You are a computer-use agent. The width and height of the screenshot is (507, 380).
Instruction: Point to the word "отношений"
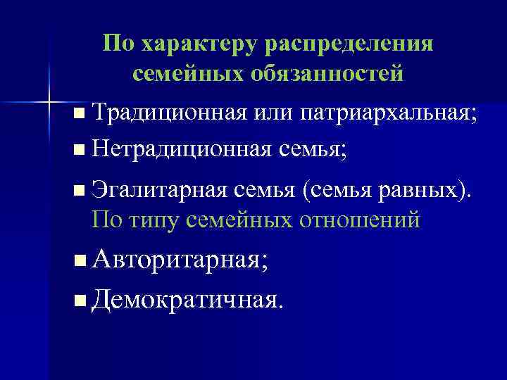359,220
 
